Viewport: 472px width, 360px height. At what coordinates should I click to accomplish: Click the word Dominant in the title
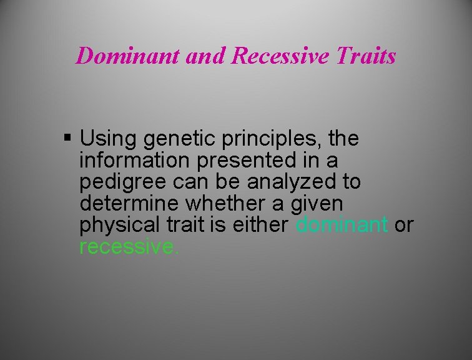129,56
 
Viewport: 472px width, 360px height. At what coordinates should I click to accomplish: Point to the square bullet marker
68,137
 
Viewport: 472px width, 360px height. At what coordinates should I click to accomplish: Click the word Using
104,139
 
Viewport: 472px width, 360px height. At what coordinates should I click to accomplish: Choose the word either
261,224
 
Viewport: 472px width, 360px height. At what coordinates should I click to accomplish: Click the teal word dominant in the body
342,224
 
